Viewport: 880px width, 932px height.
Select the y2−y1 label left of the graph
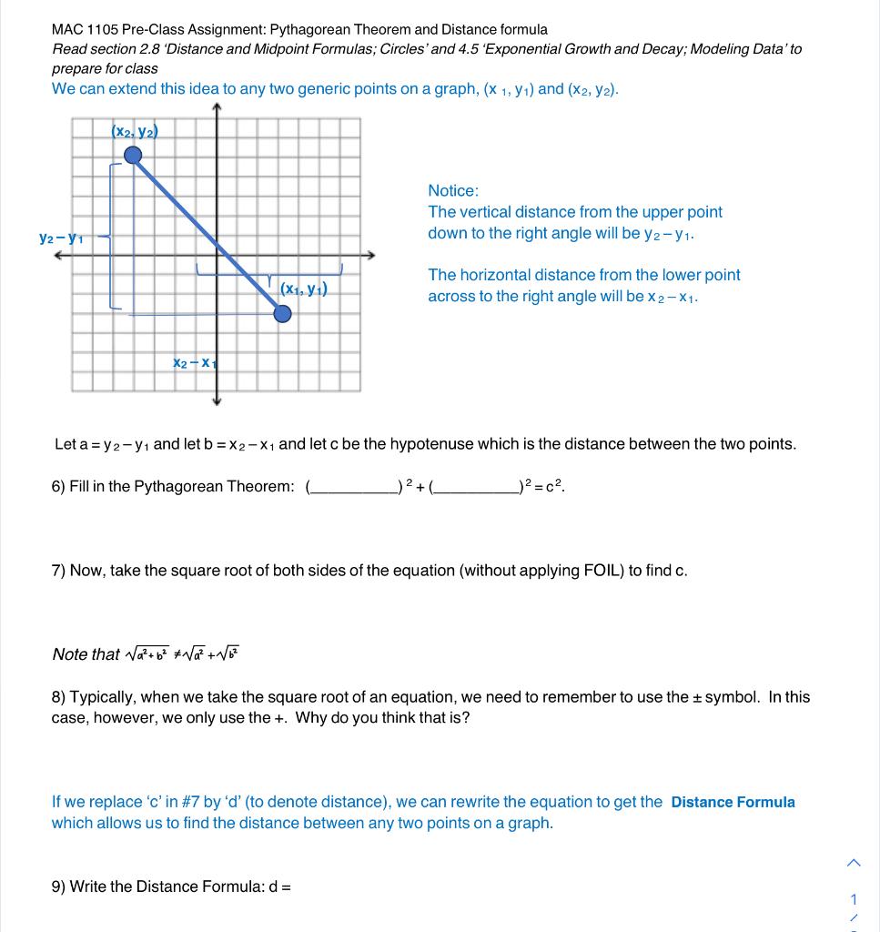(61, 238)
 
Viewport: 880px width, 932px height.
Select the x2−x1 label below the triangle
(192, 362)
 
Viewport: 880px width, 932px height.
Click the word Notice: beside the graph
(453, 191)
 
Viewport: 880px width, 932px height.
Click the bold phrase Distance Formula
(733, 802)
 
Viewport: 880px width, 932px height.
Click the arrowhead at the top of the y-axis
(217, 108)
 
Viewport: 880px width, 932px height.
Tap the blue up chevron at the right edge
(853, 862)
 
